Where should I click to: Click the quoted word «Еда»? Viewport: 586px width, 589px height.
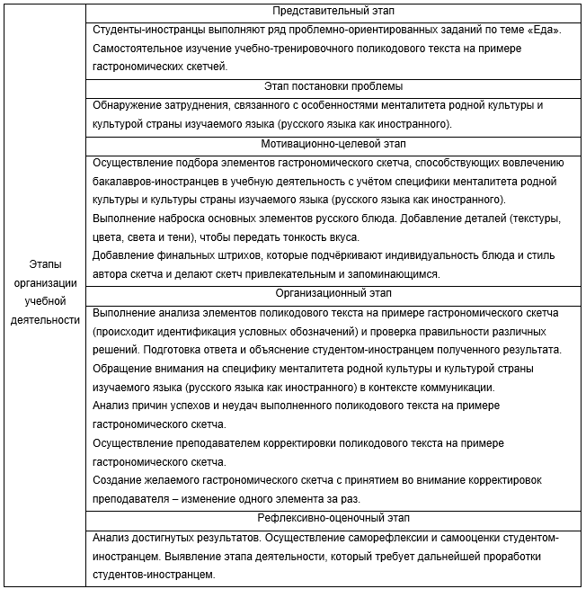coord(544,30)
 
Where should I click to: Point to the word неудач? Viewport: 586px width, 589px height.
coord(235,406)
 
